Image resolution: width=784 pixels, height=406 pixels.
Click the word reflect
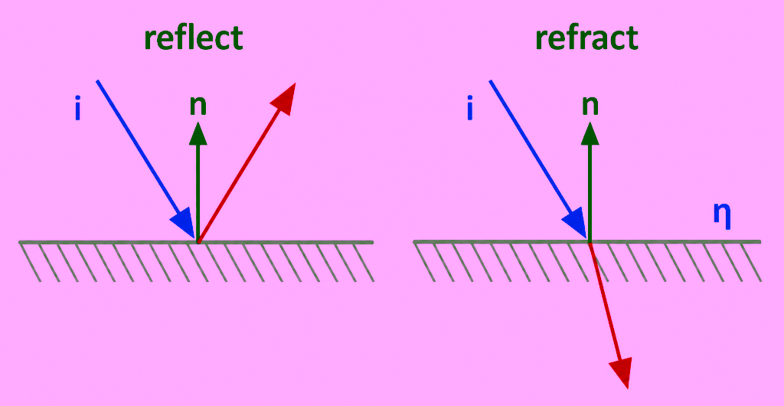point(194,38)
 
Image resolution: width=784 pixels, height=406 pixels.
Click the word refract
point(586,38)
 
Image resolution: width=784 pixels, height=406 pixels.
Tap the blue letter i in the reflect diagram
point(77,110)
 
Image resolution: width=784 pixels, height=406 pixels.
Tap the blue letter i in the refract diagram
point(469,110)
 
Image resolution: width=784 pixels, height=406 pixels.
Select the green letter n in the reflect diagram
point(198,106)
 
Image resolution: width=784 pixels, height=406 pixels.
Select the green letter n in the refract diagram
point(590,106)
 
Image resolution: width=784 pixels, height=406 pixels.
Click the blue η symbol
point(722,215)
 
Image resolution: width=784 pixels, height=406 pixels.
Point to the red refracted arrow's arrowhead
point(621,372)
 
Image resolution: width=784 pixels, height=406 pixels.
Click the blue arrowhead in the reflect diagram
point(183,222)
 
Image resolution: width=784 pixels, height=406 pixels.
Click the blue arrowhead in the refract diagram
point(575,222)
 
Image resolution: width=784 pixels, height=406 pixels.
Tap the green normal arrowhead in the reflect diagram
point(198,133)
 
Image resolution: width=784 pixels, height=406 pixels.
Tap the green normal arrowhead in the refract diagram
point(590,133)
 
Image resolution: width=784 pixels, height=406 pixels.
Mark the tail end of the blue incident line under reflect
point(97,80)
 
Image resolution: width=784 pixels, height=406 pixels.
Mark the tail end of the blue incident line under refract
point(490,80)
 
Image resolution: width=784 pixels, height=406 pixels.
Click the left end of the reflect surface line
point(20,243)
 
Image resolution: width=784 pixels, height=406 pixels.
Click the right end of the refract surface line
point(759,242)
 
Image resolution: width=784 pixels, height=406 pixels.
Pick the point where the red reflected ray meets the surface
point(198,242)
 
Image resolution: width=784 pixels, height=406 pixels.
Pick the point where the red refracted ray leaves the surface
point(590,243)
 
